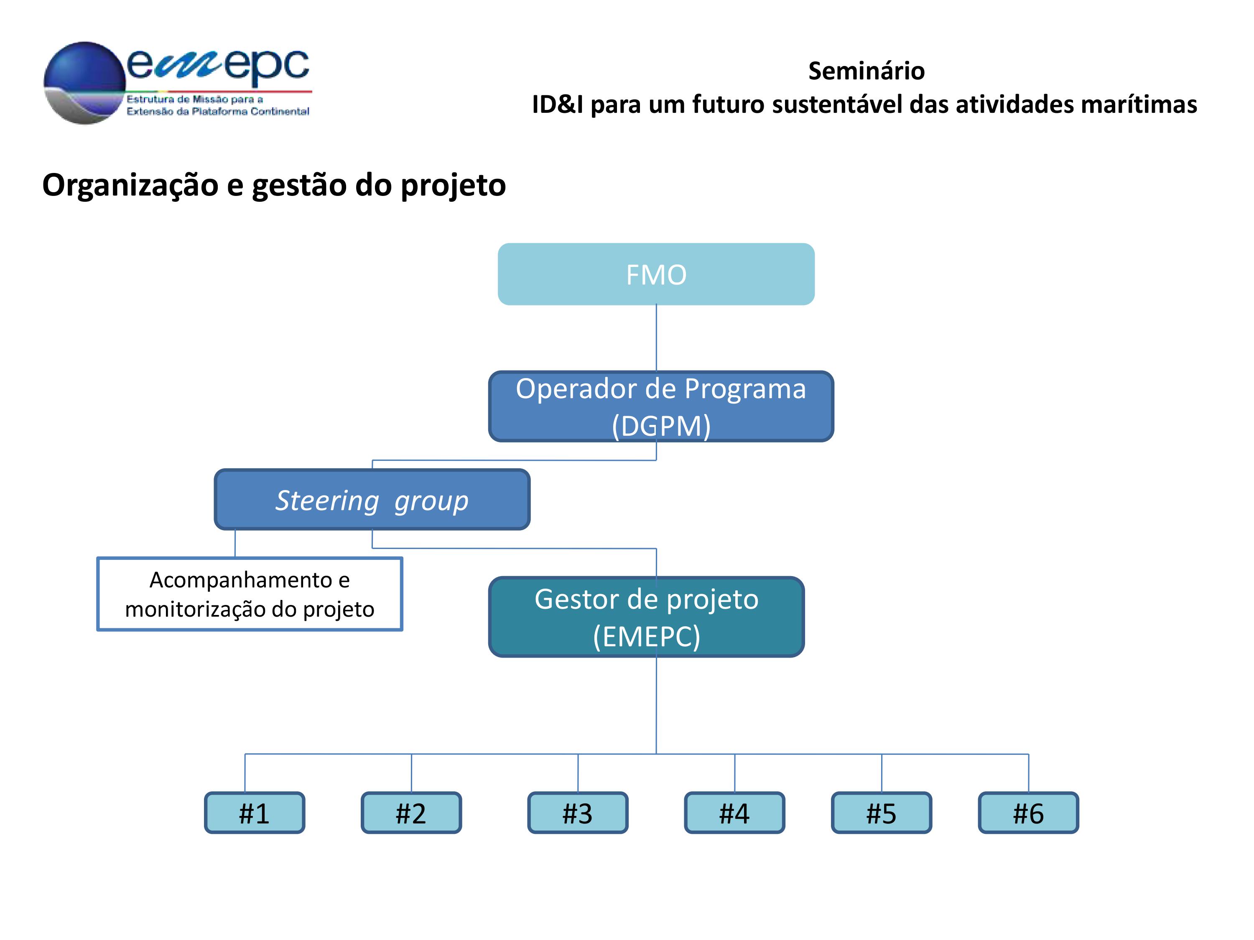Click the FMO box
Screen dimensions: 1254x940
pos(656,274)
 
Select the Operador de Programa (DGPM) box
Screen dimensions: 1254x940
pos(661,406)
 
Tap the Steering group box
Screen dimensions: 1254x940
pos(372,500)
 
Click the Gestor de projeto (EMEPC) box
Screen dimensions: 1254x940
pos(646,617)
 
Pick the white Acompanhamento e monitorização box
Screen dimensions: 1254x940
pos(250,594)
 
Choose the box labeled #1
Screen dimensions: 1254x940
pos(255,813)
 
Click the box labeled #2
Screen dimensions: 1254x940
pos(411,813)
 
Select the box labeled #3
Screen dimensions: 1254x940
pos(578,813)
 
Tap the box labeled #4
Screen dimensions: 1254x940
pos(735,813)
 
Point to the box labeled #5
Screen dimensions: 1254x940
pos(882,813)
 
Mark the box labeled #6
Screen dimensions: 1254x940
pos(1028,813)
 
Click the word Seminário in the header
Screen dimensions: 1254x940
pos(866,71)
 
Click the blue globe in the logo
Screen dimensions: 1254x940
pos(84,83)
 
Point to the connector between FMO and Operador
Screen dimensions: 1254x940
pos(657,338)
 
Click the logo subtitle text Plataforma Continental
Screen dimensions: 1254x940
pos(250,112)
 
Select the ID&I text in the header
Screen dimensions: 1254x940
pos(558,104)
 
